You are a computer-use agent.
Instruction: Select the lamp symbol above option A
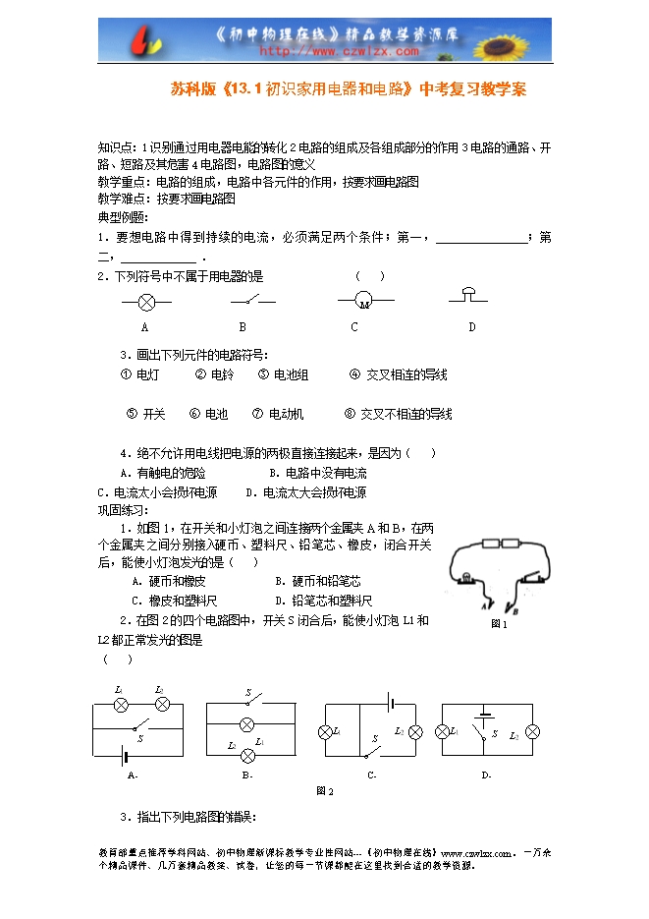point(144,300)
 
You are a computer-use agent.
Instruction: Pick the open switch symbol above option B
point(252,299)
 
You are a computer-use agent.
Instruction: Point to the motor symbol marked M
point(362,300)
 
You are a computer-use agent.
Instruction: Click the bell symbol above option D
point(470,295)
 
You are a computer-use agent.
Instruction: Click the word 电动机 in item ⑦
point(287,414)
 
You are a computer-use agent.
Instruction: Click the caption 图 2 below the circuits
point(325,791)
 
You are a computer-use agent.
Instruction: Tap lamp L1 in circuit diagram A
point(121,705)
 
